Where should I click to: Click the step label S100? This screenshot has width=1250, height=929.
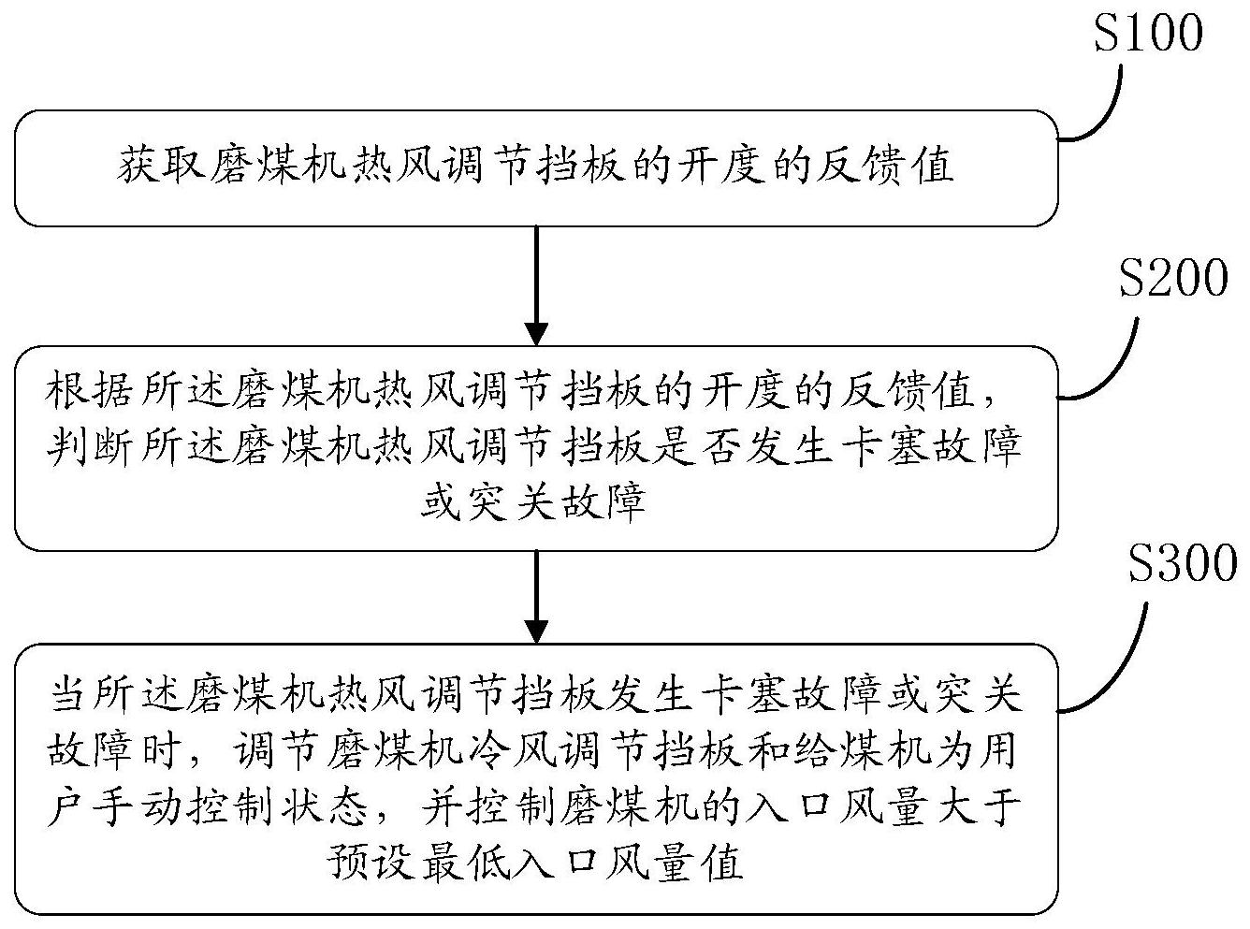1148,35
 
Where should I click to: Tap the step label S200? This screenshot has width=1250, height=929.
1173,279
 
